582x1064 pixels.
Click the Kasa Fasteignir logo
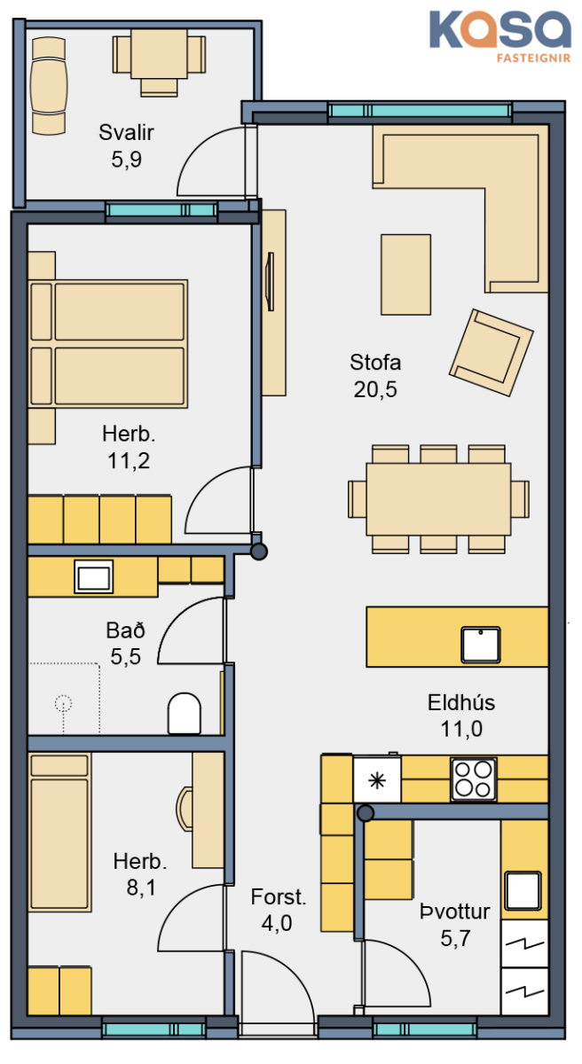tap(499, 36)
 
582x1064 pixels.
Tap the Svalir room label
tap(126, 132)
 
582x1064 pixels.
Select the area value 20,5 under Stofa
tap(375, 389)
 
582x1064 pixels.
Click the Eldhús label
tap(460, 702)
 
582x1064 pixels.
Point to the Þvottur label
tap(454, 911)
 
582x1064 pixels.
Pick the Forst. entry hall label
tap(279, 896)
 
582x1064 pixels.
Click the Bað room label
tap(125, 630)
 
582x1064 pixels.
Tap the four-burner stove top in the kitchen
tap(474, 779)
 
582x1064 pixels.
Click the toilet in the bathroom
tap(185, 714)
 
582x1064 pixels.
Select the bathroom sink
tap(93, 576)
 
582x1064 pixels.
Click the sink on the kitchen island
tap(481, 645)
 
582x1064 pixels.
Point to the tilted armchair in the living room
tap(492, 353)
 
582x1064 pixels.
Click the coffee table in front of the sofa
tap(405, 275)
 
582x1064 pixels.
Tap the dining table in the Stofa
tap(438, 499)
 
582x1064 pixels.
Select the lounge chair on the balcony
tap(49, 87)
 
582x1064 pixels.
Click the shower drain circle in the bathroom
tap(63, 703)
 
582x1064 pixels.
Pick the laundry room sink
tap(523, 890)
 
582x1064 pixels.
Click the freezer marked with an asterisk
tap(377, 780)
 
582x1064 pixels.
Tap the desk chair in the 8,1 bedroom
tap(185, 809)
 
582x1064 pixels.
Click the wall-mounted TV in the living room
tap(271, 282)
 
